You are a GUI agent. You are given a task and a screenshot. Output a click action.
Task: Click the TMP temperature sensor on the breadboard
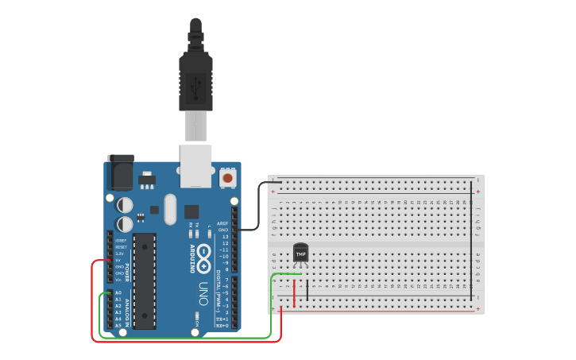pyautogui.click(x=300, y=252)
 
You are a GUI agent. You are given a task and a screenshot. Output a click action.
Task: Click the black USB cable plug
pyautogui.click(x=195, y=75)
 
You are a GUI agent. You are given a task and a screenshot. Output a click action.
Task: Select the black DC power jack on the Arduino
pyautogui.click(x=120, y=172)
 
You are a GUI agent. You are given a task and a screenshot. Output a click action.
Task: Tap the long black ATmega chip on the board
pyautogui.click(x=145, y=269)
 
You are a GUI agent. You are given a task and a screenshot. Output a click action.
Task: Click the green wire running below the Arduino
pyautogui.click(x=191, y=337)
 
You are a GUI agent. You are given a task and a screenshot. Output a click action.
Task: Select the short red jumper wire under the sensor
pyautogui.click(x=295, y=292)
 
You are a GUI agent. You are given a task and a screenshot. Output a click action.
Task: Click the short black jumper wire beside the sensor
pyautogui.click(x=307, y=290)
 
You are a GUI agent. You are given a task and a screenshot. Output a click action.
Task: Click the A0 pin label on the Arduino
pyautogui.click(x=118, y=292)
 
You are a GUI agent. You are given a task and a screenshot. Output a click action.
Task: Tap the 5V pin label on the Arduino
pyautogui.click(x=118, y=260)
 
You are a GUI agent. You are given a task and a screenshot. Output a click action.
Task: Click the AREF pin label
pyautogui.click(x=223, y=223)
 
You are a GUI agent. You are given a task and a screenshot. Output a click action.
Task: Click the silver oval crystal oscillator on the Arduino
pyautogui.click(x=170, y=209)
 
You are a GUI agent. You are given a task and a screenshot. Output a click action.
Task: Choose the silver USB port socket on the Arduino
pyautogui.click(x=195, y=165)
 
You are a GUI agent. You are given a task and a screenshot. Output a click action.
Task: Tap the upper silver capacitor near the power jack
pyautogui.click(x=125, y=204)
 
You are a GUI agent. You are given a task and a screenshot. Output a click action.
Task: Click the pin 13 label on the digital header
pyautogui.click(x=226, y=236)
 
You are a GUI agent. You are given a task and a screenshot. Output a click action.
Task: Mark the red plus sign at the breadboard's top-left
pyautogui.click(x=274, y=192)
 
